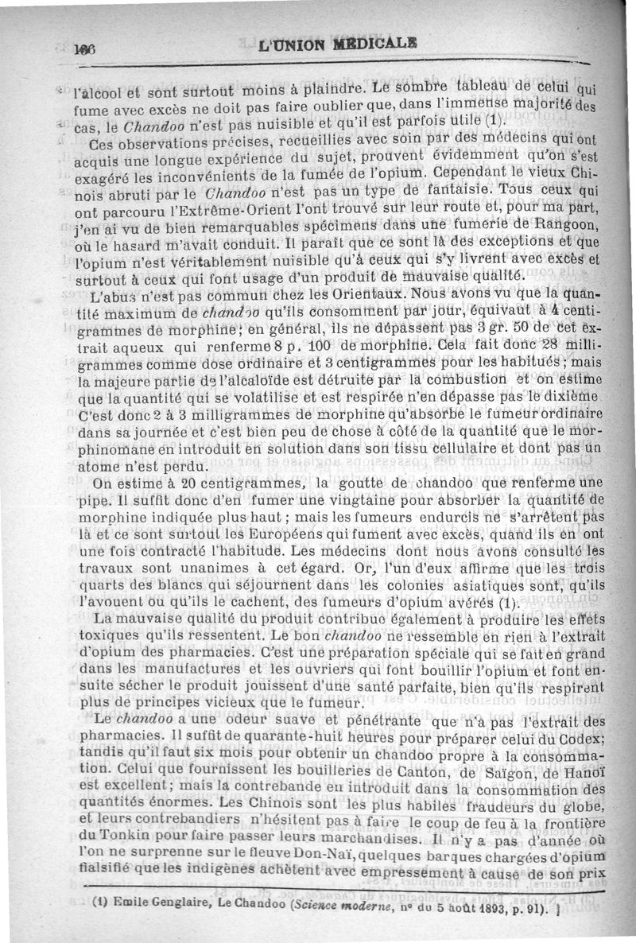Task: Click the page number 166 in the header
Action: [x=84, y=49]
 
